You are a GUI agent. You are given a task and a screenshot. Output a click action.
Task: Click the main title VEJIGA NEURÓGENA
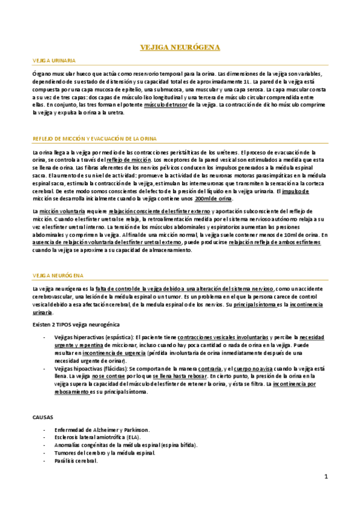point(180,46)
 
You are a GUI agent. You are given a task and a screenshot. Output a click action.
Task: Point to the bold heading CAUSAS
point(43,416)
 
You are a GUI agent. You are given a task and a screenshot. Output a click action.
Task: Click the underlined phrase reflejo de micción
point(129,161)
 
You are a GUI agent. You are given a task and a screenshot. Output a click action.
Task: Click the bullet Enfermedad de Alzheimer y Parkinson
point(102,430)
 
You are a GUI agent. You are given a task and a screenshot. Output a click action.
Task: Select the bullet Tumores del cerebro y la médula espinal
point(105,453)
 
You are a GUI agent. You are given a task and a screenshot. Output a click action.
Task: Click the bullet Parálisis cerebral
point(76,461)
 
